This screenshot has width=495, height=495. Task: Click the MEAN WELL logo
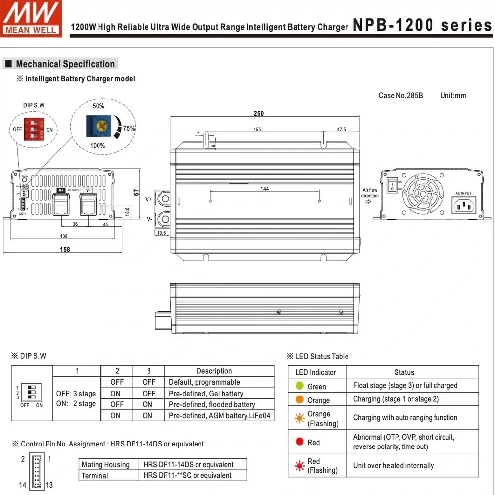coord(31,18)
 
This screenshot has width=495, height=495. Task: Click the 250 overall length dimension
coord(259,113)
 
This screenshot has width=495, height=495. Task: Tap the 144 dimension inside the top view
coord(265,189)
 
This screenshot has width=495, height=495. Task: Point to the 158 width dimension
coord(65,250)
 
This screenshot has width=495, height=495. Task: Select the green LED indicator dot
coord(299,386)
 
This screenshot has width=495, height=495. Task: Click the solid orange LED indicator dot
coord(299,399)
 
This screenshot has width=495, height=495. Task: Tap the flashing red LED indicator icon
coord(299,465)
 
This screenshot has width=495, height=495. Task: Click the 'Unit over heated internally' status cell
coord(394,465)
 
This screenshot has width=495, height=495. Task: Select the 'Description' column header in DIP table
coord(214,371)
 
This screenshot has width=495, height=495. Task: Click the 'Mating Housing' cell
coord(105,464)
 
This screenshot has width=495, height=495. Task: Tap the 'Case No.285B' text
coord(400,95)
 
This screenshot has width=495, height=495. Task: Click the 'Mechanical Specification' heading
coord(65,64)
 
